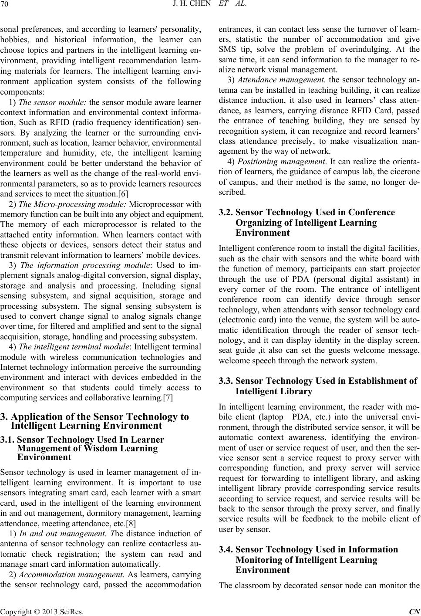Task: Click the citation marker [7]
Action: pyautogui.click(x=171, y=397)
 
